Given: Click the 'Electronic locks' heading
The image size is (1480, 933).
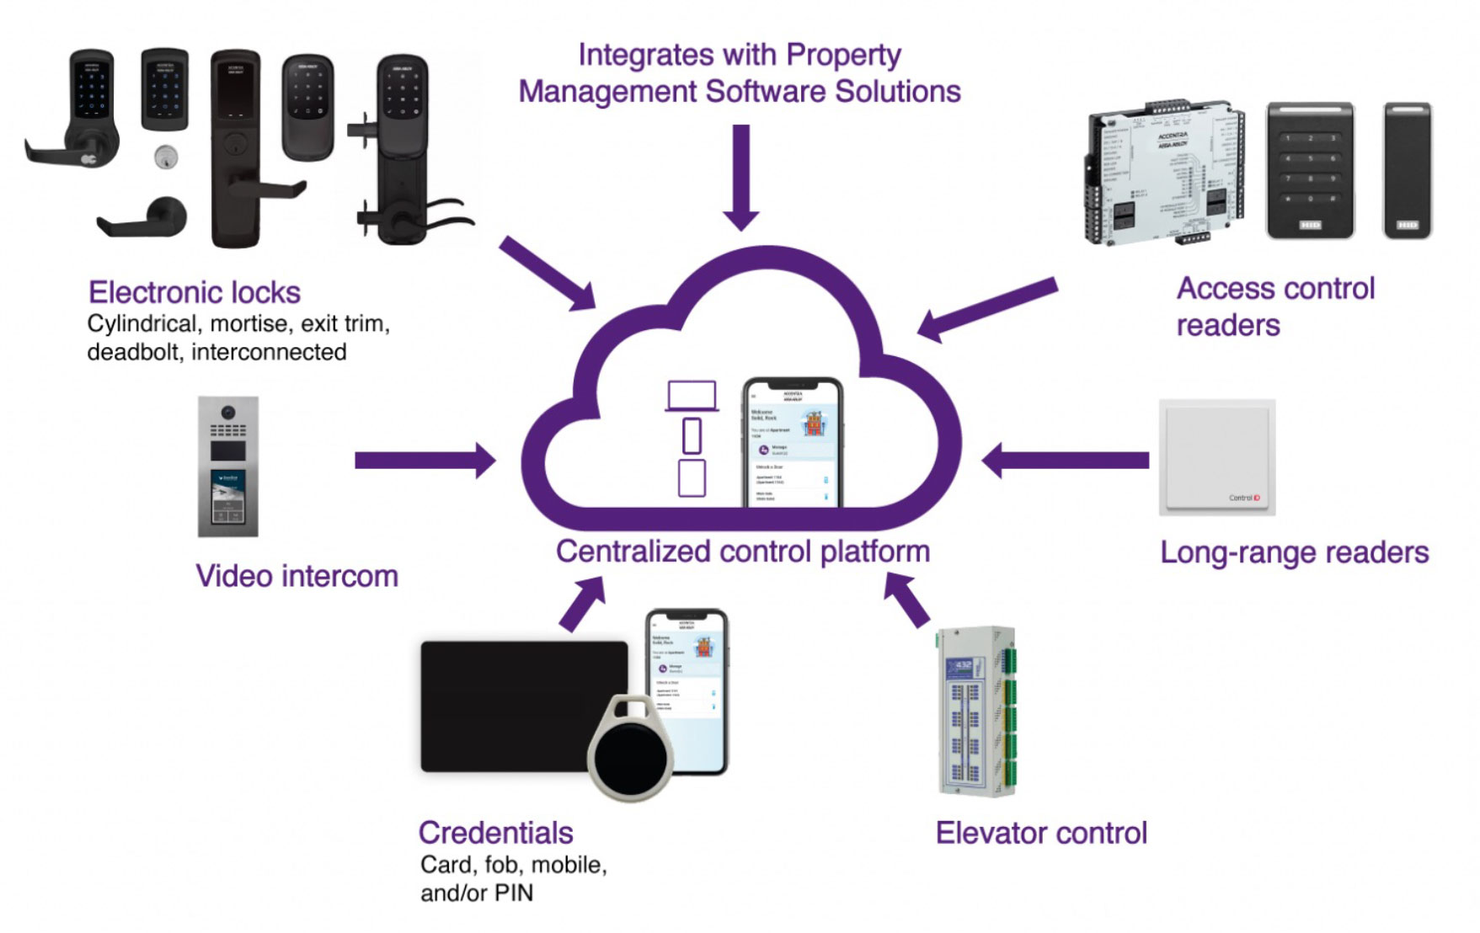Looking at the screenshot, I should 195,292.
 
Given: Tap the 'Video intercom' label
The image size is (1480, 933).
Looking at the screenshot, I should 297,577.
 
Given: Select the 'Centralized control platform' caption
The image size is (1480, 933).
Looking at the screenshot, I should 742,552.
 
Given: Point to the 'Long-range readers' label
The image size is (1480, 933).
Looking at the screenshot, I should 1294,553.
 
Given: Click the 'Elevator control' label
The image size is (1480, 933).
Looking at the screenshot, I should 1041,834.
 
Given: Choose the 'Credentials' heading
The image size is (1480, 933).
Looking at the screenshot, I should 495,833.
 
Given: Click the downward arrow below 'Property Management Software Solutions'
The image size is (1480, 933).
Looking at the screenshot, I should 741,177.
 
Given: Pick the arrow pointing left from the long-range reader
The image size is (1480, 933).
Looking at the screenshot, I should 1066,460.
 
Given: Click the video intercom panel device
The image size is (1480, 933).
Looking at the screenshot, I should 228,466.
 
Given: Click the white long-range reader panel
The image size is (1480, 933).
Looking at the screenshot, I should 1217,457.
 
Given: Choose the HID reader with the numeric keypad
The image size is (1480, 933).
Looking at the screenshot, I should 1310,171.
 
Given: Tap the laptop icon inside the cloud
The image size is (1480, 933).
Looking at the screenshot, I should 692,396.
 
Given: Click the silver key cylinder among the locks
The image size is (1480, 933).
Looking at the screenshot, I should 167,157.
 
